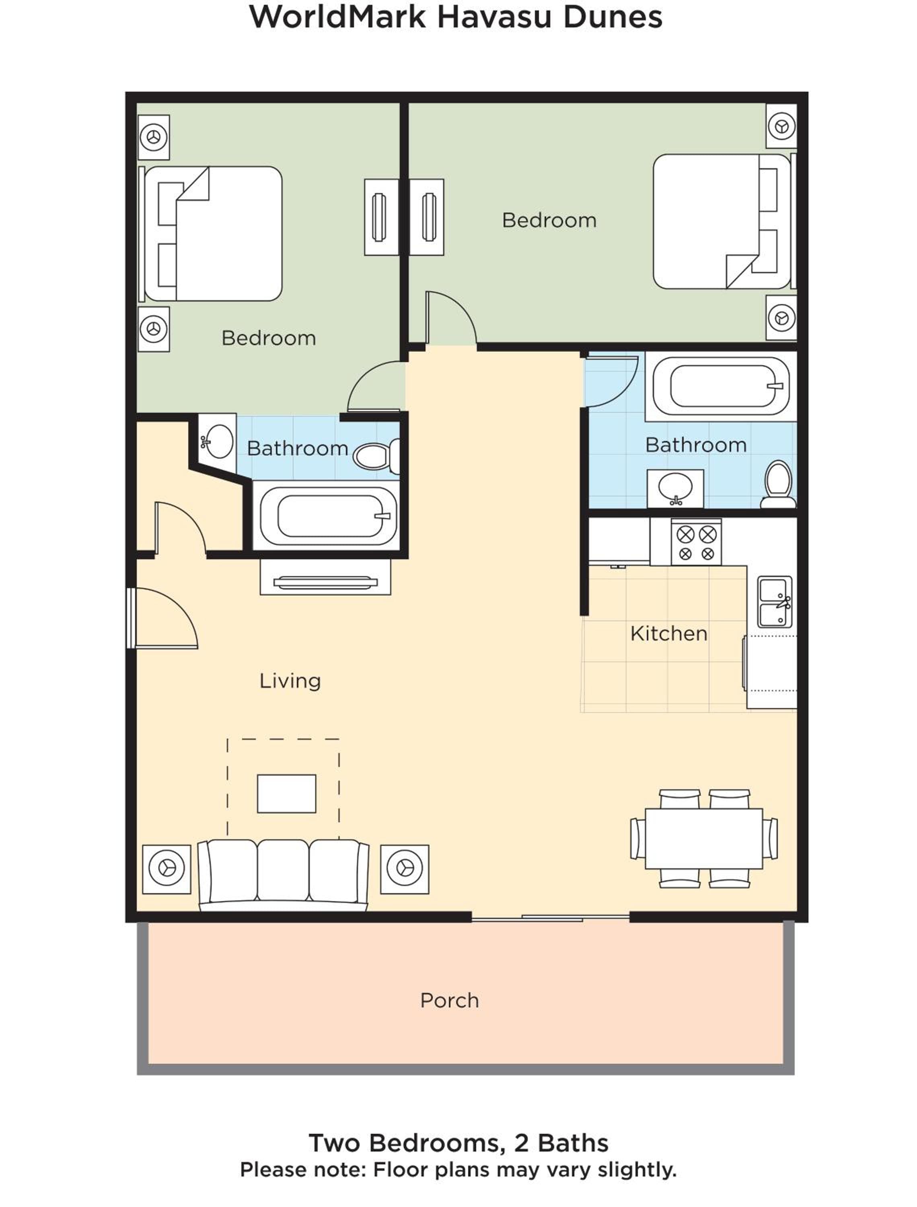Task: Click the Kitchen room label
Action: (x=668, y=634)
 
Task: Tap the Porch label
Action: (x=449, y=1001)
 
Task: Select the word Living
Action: (x=290, y=681)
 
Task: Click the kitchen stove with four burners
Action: (x=696, y=542)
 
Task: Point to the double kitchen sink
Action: (x=775, y=601)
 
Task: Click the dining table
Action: (x=703, y=838)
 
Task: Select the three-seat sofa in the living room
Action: (x=283, y=875)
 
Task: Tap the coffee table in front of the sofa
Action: (x=286, y=794)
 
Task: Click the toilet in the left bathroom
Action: (x=376, y=455)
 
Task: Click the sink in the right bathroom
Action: (x=675, y=488)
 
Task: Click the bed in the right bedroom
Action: (x=724, y=221)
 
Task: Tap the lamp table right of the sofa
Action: (x=405, y=869)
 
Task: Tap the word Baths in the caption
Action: (x=573, y=1143)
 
